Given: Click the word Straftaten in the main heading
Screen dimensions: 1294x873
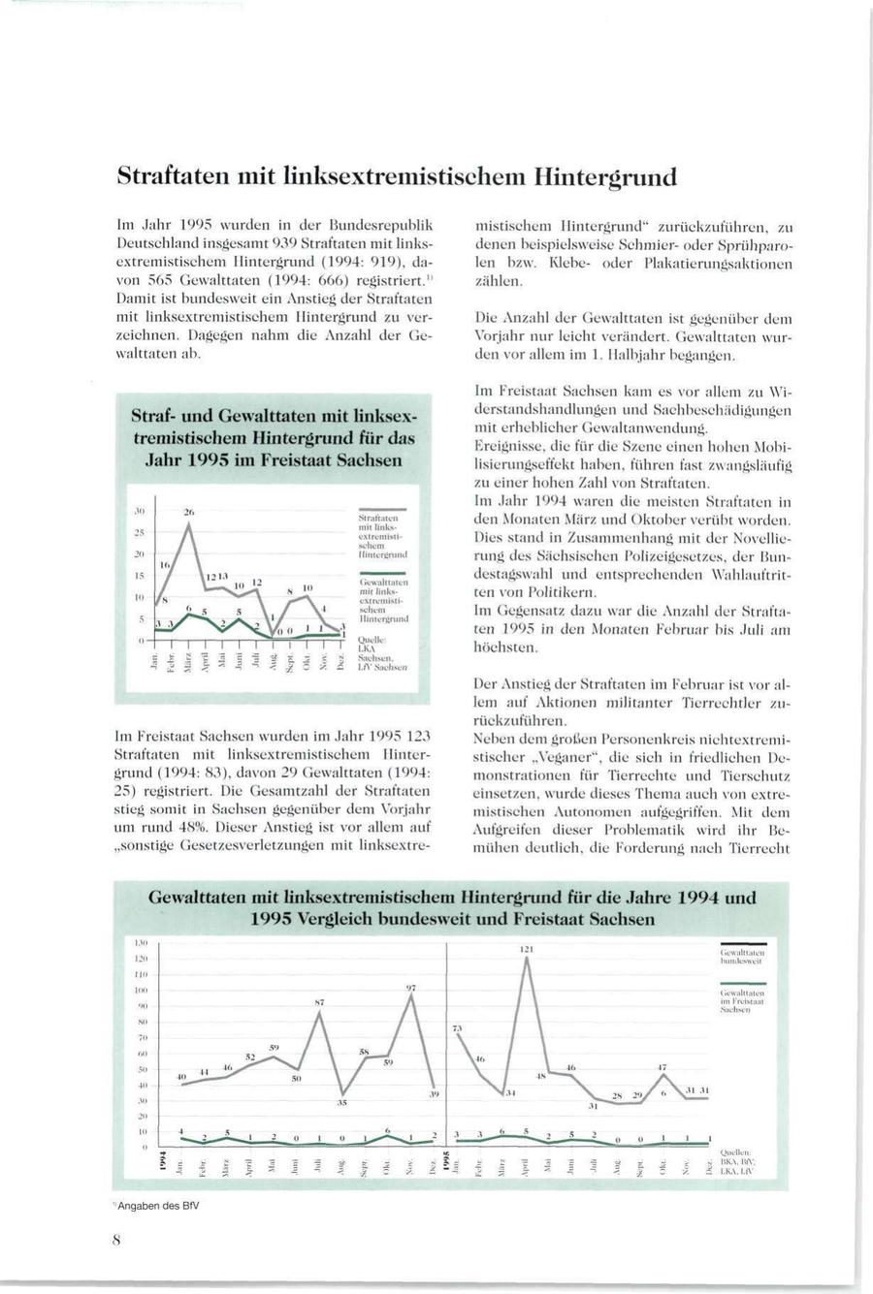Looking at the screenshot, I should tap(173, 177).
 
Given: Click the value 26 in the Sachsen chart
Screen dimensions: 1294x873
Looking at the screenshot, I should tap(190, 511).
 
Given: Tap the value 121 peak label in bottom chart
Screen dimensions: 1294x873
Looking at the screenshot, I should tap(527, 949).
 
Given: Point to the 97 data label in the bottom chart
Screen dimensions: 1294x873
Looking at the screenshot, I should tap(411, 987).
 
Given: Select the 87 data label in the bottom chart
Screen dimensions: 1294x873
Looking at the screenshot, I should tap(318, 1001).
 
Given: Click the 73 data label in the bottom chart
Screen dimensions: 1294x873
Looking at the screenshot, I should tap(458, 1026).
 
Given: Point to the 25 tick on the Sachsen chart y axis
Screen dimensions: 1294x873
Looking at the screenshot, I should tap(140, 533).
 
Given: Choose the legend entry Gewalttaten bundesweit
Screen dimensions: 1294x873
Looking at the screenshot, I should tap(744, 960).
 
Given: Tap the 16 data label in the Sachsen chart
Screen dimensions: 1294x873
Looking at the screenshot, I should tap(165, 564).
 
